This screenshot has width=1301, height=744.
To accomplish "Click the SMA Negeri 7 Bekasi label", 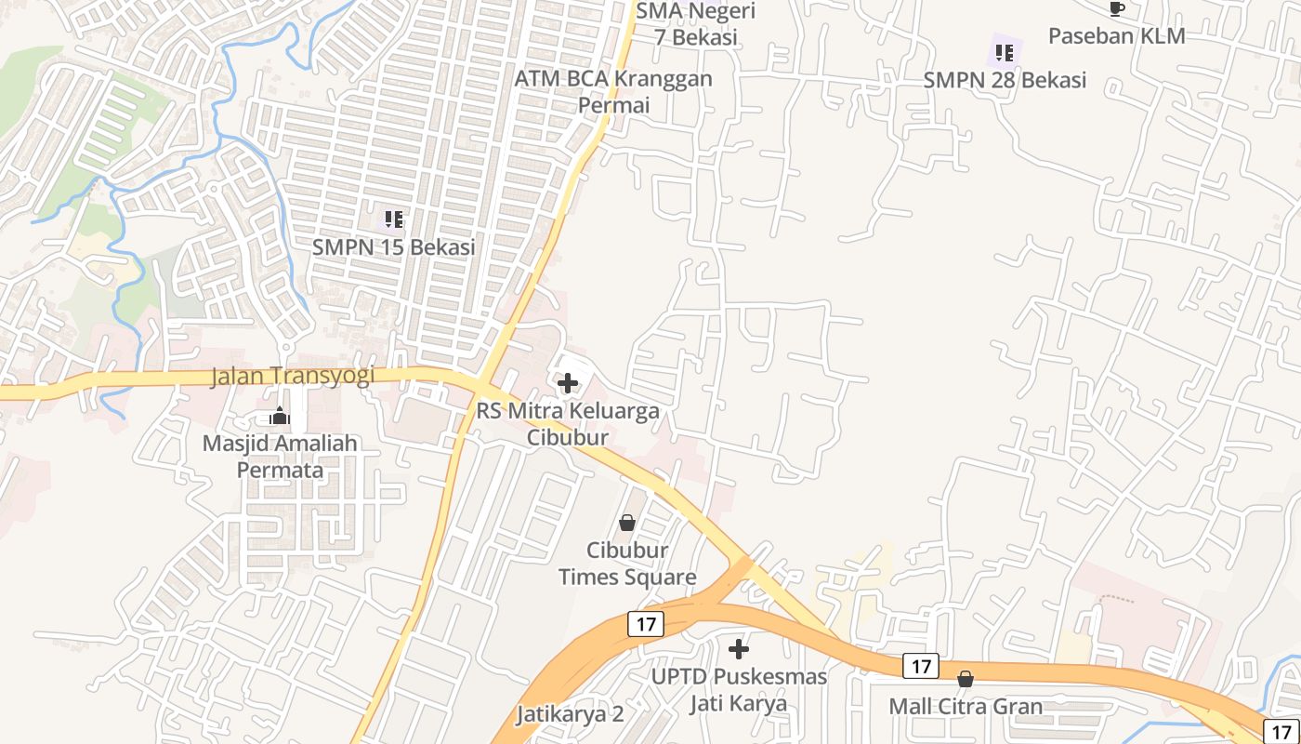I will tap(696, 24).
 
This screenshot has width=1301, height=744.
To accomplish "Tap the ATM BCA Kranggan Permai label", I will tap(613, 91).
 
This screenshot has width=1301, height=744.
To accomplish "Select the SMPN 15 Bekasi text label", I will tap(393, 247).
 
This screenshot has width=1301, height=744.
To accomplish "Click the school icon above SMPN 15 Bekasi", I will tap(394, 219).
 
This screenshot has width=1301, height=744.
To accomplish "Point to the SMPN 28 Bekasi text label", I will tap(1005, 80).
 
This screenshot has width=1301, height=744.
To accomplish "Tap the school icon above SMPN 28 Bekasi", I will tap(1004, 52).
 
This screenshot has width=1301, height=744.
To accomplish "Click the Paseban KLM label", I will tap(1117, 36).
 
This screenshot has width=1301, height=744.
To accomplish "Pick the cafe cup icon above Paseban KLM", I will tap(1117, 9).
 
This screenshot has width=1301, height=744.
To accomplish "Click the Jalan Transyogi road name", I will tap(293, 376).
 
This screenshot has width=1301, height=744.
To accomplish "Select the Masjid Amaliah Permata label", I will tap(280, 456).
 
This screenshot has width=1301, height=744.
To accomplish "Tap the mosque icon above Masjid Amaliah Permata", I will tap(280, 417).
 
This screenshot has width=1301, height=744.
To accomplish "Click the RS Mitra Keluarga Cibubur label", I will tap(568, 423).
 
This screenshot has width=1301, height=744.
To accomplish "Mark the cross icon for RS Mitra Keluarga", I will tap(567, 383).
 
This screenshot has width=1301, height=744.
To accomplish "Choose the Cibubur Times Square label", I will tap(627, 564).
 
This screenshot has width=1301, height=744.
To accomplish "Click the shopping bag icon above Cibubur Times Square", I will tap(627, 523).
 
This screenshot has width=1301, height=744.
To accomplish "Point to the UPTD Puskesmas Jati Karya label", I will tap(739, 689).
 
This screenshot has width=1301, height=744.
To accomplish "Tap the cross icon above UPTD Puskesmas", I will tap(739, 648).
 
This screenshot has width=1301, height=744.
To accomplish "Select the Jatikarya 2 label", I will tap(570, 714).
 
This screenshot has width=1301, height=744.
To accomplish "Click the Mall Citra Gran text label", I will tap(966, 706).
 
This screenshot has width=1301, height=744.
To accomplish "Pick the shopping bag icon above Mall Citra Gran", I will tap(966, 679).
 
